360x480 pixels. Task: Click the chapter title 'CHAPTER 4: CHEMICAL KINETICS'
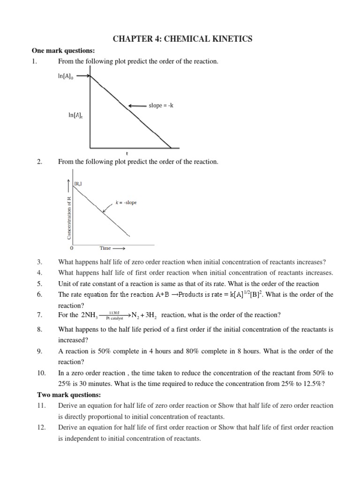click(182, 39)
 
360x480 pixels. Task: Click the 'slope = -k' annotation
click(161, 105)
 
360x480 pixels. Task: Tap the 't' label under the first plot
click(127, 153)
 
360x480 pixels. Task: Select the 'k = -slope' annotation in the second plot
click(126, 202)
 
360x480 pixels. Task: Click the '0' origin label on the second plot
click(71, 248)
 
